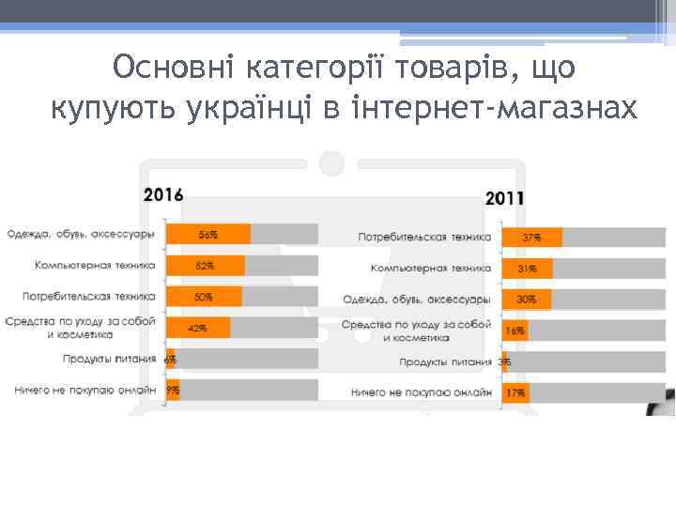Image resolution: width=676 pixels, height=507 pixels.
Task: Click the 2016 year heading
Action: click(163, 195)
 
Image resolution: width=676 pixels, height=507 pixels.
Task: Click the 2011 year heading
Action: click(505, 199)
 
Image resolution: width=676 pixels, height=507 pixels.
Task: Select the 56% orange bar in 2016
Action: click(208, 234)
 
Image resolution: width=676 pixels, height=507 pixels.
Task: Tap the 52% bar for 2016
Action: click(206, 266)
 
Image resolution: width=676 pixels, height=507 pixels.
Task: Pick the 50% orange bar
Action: click(204, 297)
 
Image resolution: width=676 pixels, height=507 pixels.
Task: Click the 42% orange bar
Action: click(198, 329)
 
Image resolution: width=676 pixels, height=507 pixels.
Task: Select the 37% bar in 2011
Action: click(532, 238)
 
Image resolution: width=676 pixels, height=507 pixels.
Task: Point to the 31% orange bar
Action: click(528, 269)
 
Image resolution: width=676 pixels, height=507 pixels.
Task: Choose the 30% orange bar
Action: click(527, 300)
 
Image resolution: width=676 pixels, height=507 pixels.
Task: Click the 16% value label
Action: click(515, 331)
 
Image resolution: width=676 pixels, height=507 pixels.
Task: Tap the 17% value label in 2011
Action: click(515, 392)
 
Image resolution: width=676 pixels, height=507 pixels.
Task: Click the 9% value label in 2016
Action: click(173, 390)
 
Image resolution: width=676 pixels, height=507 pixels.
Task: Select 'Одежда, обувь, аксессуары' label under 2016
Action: click(82, 234)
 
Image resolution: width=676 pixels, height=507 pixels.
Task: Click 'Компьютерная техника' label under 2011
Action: click(430, 269)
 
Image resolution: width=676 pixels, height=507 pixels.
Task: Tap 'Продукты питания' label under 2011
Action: click(445, 361)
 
